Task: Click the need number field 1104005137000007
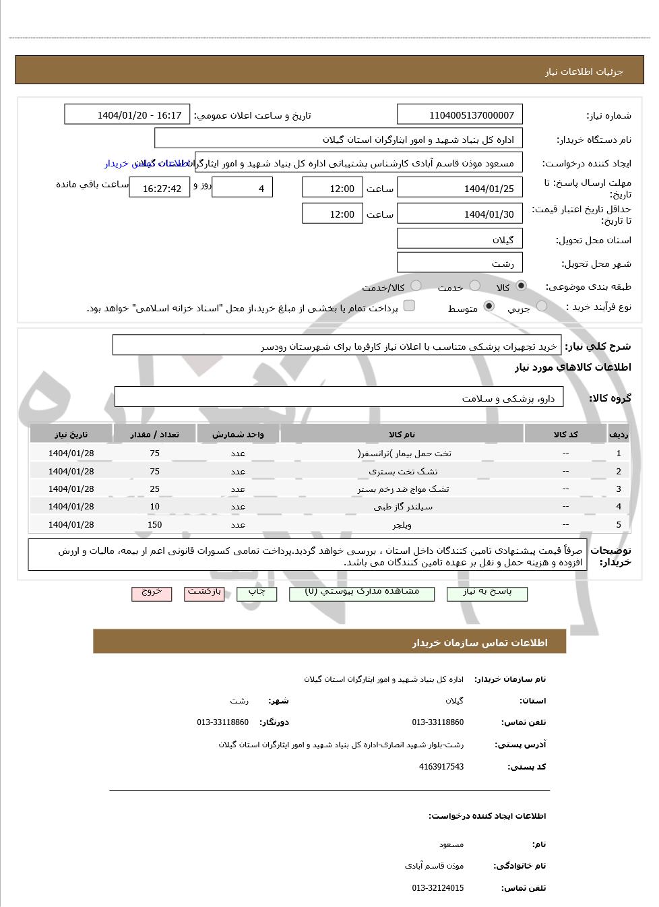460,115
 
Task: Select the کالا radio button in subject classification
521,286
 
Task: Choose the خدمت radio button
475,286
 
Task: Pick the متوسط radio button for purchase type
489,307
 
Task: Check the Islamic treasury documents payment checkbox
409,306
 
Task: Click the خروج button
152,592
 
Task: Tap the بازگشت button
204,592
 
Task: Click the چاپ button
257,592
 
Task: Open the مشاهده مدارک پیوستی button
362,592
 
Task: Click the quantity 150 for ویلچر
154,524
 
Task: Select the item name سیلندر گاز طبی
403,507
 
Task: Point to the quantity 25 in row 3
154,489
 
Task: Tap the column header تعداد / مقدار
154,435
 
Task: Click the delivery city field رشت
460,263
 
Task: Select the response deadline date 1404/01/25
460,189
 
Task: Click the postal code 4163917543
441,767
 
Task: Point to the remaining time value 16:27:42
160,189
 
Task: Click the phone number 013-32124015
438,888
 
